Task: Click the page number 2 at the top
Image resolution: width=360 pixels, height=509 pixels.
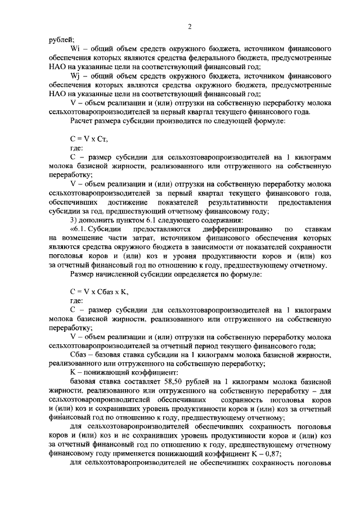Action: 190,26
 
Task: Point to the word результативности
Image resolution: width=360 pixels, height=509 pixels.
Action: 234,202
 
